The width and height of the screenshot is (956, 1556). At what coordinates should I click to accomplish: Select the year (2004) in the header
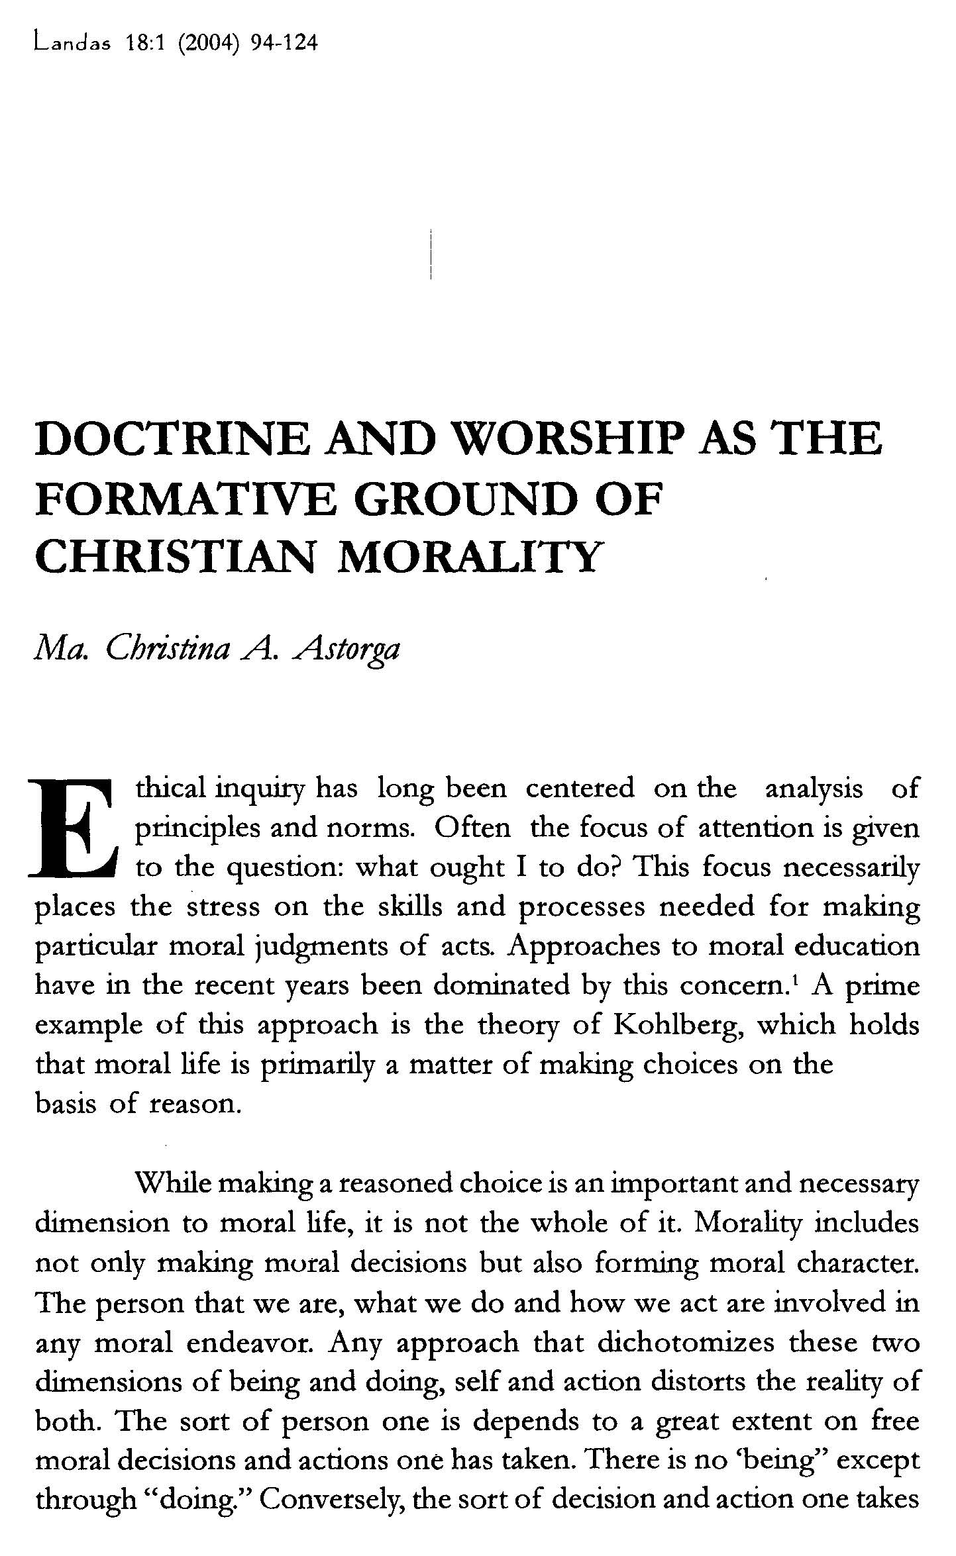click(x=210, y=44)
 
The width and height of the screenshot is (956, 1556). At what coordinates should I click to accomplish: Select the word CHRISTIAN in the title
click(x=173, y=557)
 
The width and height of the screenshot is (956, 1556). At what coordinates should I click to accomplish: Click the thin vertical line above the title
click(x=431, y=254)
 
